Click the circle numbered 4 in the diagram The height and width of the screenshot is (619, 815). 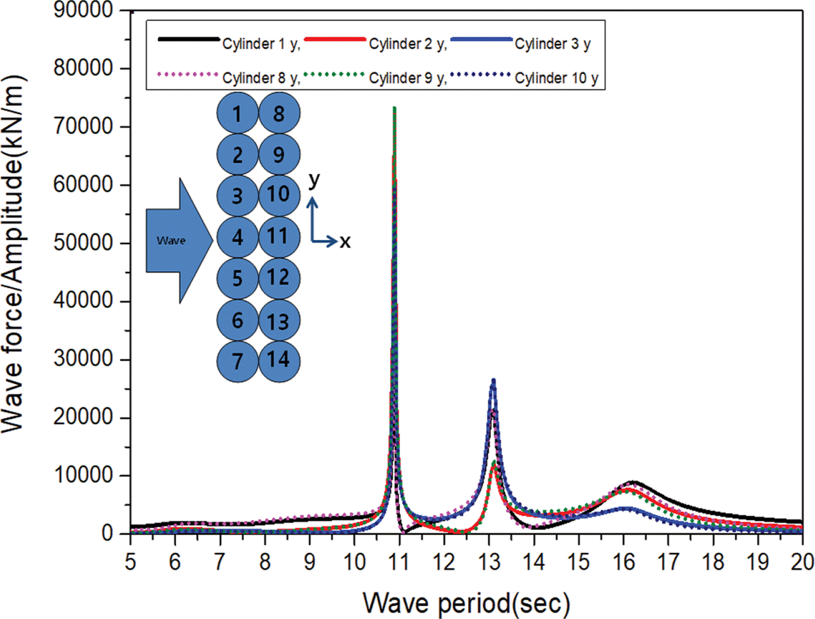237,237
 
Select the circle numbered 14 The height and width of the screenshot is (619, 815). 279,360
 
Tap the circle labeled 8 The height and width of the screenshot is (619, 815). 279,113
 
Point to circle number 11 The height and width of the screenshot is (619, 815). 279,237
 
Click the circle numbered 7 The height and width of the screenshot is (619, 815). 237,361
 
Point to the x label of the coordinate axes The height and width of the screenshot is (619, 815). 345,241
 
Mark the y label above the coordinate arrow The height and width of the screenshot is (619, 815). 314,180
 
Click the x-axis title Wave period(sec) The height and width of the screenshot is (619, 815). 466,603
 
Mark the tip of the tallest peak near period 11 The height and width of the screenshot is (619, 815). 394,108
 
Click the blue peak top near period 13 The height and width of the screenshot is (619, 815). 493,381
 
